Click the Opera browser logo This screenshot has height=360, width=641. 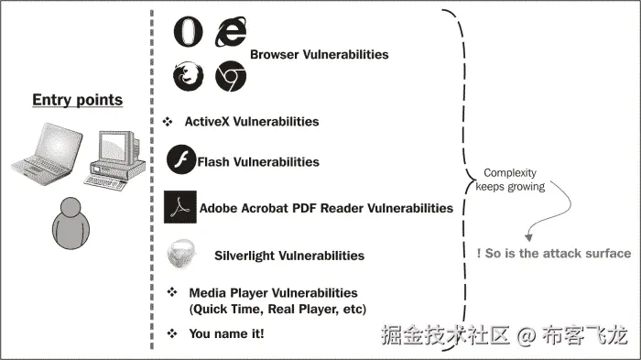(x=188, y=32)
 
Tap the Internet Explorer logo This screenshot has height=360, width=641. (x=230, y=32)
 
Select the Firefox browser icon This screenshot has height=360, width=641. (x=188, y=76)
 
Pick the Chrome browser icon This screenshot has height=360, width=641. (x=230, y=77)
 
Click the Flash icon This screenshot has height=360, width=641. (x=181, y=161)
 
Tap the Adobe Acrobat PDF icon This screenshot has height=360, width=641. (x=180, y=207)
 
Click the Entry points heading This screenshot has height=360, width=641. (x=77, y=100)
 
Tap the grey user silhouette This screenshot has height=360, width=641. (x=71, y=222)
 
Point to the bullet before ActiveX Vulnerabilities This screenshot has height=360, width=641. (x=168, y=121)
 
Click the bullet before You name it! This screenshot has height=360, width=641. (x=170, y=334)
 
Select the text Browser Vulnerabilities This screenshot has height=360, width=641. (x=319, y=54)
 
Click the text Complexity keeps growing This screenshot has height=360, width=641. (x=509, y=180)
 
